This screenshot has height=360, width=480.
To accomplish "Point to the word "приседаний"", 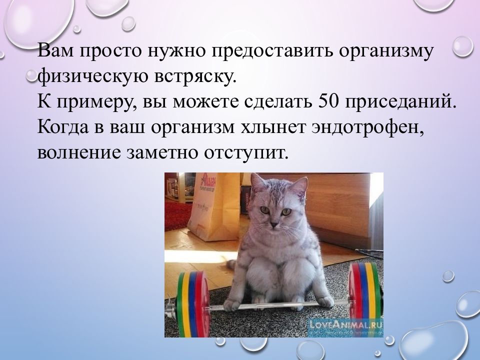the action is pos(400,102).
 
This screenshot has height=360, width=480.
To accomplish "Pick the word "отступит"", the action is pos(246,152).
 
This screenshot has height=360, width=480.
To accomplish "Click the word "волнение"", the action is pos(79,152).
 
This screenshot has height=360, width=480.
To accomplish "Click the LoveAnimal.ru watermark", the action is pos(346,324).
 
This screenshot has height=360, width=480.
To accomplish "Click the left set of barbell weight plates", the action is pos(193,304).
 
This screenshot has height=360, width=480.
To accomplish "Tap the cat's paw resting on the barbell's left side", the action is pos(232,304).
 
